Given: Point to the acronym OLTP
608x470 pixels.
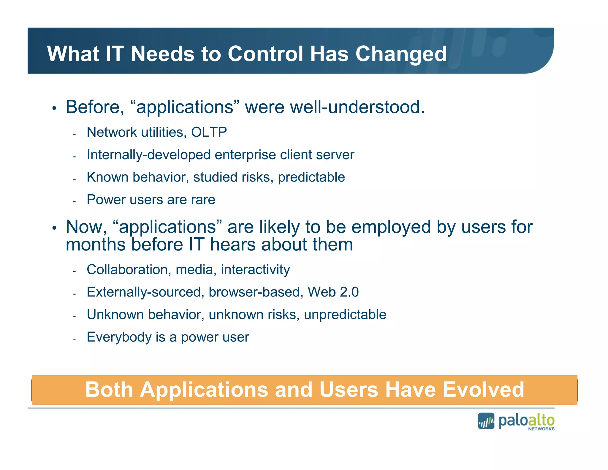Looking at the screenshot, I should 209,132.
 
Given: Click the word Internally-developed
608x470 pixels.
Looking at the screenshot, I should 149,155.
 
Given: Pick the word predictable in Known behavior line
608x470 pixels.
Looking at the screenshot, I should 311,177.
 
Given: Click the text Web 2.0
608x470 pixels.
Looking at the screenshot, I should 333,292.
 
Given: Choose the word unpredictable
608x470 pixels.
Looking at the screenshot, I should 345,315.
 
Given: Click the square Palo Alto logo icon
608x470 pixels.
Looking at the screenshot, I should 486,421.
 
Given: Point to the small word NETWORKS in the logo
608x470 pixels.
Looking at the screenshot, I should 541,429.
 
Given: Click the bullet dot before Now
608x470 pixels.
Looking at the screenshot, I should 54,228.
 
